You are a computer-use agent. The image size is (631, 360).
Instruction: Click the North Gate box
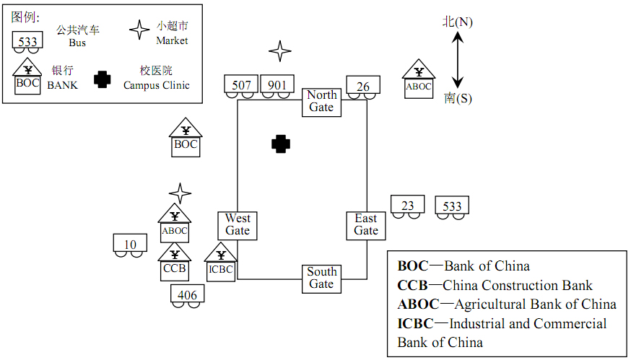[x=321, y=101]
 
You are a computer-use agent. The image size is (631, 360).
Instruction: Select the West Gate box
[x=238, y=224]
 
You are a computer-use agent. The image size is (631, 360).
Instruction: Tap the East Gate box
[x=366, y=224]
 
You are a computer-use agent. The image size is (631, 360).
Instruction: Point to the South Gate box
[x=321, y=278]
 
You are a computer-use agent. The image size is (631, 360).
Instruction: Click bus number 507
[x=242, y=86]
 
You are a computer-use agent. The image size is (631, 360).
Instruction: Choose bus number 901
[x=277, y=86]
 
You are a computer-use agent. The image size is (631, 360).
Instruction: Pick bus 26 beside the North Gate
[x=363, y=87]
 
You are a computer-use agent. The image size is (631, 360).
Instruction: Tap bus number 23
[x=408, y=206]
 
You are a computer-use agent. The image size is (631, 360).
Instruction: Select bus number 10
[x=131, y=245]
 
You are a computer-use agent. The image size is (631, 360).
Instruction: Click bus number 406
[x=187, y=294]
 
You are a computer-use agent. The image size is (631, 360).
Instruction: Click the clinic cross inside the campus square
[x=281, y=144]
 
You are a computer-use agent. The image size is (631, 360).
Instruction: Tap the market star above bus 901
[x=279, y=51]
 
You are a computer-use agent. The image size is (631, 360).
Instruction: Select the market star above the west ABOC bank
[x=180, y=193]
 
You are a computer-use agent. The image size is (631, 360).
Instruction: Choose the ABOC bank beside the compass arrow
[x=419, y=81]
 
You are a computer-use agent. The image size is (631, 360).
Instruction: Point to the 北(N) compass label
[x=458, y=22]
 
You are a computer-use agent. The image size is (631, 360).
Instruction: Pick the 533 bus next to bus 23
[x=452, y=207]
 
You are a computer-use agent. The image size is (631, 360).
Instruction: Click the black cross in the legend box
[x=103, y=79]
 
